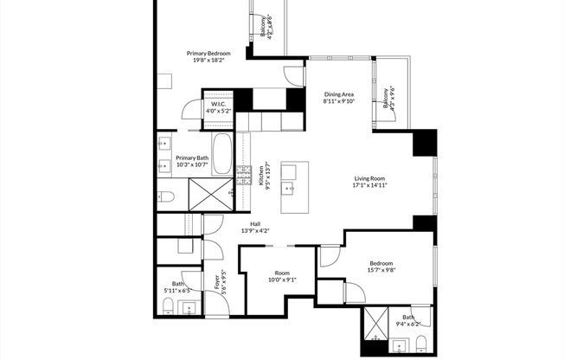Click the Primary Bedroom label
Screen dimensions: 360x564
[x=208, y=56]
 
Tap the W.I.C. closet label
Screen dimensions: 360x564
[x=217, y=107]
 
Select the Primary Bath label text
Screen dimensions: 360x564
[x=191, y=161]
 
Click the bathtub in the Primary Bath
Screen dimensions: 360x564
[x=222, y=154]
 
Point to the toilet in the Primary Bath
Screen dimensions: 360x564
[x=167, y=196]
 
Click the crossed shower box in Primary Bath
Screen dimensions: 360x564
[x=208, y=192]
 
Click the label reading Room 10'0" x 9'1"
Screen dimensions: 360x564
[x=282, y=275]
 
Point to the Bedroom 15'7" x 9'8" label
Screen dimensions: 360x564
[x=381, y=267]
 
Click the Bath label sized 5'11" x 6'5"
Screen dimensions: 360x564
[x=178, y=287]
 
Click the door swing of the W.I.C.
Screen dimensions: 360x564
[x=191, y=111]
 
